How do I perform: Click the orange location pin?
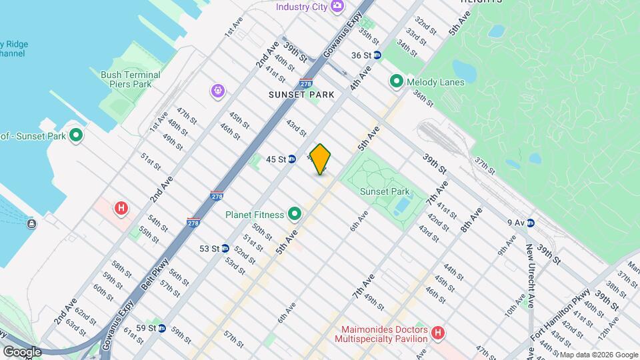click(321, 159)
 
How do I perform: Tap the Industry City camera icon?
click(338, 6)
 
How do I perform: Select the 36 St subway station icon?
click(377, 55)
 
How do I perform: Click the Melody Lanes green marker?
click(396, 81)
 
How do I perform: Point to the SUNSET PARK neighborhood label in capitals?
click(301, 95)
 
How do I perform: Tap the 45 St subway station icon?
click(292, 159)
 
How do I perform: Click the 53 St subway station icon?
click(225, 248)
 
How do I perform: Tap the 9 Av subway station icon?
click(531, 223)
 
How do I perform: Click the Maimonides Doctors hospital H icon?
click(437, 332)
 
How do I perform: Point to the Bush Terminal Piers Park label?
click(130, 79)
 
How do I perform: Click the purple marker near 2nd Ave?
click(218, 91)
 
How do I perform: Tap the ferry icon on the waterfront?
click(31, 223)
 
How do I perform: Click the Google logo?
click(22, 351)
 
